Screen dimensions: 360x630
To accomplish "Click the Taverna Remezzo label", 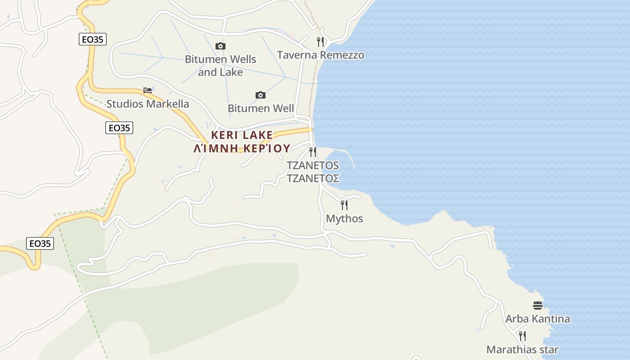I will pyautogui.click(x=320, y=55).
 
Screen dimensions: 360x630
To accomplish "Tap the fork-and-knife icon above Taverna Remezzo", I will pyautogui.click(x=320, y=42).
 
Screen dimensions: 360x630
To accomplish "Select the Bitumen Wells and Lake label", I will pyautogui.click(x=220, y=66).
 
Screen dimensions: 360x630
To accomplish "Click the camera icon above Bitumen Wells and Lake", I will pyautogui.click(x=220, y=46).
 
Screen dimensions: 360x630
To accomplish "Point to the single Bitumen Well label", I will pyautogui.click(x=261, y=108).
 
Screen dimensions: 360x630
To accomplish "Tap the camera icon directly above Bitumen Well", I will pyautogui.click(x=260, y=95).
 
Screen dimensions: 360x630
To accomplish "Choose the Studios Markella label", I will pyautogui.click(x=148, y=104).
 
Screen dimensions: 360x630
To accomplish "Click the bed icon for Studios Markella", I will pyautogui.click(x=148, y=90).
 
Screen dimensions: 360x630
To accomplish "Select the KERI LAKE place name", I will pyautogui.click(x=242, y=135).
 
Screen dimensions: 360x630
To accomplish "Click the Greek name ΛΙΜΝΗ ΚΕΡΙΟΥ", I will pyautogui.click(x=242, y=148).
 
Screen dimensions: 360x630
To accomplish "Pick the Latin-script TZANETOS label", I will pyautogui.click(x=313, y=165).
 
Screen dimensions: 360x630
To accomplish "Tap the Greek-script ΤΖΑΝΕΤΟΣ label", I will pyautogui.click(x=313, y=178).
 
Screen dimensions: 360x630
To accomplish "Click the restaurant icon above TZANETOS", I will pyautogui.click(x=313, y=152).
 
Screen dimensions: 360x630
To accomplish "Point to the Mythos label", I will pyautogui.click(x=344, y=219).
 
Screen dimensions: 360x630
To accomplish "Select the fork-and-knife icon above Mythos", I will pyautogui.click(x=344, y=205).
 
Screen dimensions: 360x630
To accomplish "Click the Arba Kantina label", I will pyautogui.click(x=537, y=319).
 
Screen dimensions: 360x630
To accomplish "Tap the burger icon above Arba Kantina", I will pyautogui.click(x=537, y=306).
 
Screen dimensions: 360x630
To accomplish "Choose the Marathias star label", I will pyautogui.click(x=522, y=350).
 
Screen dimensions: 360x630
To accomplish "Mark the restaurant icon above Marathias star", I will pyautogui.click(x=522, y=336).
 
